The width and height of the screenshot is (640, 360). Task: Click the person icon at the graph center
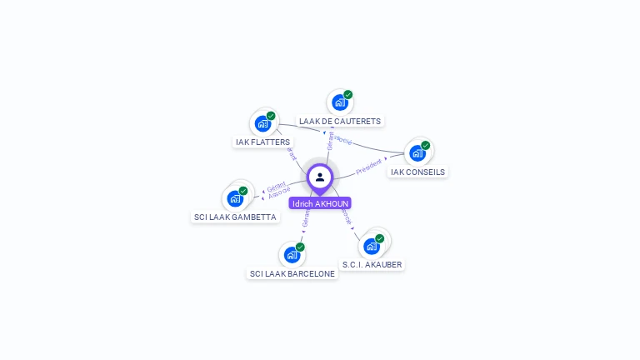(320, 177)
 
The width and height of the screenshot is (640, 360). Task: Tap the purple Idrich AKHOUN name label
(320, 203)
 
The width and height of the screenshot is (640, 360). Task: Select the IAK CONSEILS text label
(418, 172)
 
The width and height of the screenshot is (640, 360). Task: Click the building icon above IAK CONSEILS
(417, 153)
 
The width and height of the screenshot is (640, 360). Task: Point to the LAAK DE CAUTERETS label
(340, 122)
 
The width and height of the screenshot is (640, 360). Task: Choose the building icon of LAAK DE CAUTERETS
(339, 102)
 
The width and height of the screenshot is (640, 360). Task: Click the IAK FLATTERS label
(262, 142)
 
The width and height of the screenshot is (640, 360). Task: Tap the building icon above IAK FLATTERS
(262, 123)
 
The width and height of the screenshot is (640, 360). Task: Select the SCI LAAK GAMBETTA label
(235, 217)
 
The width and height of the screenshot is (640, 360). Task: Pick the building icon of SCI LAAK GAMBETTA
(235, 198)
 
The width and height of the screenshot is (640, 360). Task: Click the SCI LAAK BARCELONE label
(292, 273)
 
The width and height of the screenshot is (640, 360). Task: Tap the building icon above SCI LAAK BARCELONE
(291, 254)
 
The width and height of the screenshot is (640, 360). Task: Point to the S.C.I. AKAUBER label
(372, 265)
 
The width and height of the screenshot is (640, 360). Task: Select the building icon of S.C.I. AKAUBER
(372, 246)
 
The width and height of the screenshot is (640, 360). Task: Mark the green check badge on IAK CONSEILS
(426, 146)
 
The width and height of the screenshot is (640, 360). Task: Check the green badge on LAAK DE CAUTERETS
(348, 95)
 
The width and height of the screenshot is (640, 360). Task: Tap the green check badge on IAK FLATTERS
(271, 116)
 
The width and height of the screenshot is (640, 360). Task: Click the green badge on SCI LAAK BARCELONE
(300, 247)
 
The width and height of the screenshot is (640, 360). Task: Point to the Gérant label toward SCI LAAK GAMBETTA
(276, 186)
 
